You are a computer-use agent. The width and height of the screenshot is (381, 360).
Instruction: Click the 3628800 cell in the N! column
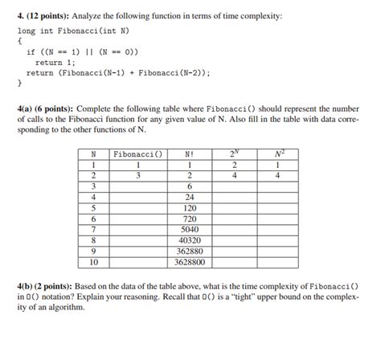tap(190, 261)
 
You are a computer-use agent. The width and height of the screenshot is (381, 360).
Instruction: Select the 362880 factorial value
tap(190, 251)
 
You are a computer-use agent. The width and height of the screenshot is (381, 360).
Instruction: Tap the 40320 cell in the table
tap(190, 239)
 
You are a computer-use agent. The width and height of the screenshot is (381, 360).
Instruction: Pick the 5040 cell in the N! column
tap(190, 228)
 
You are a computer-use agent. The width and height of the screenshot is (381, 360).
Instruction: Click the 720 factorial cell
tap(190, 218)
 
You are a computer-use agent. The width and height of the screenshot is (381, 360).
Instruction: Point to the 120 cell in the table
tap(190, 207)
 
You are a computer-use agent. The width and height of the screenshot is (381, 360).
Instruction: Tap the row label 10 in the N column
tap(93, 261)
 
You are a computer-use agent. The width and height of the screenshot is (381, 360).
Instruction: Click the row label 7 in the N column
tap(93, 228)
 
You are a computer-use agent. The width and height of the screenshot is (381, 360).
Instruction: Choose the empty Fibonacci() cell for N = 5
tap(138, 207)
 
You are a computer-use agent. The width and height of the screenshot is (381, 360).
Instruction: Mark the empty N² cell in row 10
tap(276, 261)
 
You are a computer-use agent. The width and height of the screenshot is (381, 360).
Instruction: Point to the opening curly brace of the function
tap(20, 39)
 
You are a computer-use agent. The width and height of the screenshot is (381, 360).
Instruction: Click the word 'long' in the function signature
tap(27, 29)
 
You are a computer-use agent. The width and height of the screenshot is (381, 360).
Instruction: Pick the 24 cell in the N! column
tap(190, 196)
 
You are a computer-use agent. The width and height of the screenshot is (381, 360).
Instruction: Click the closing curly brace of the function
tap(20, 81)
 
